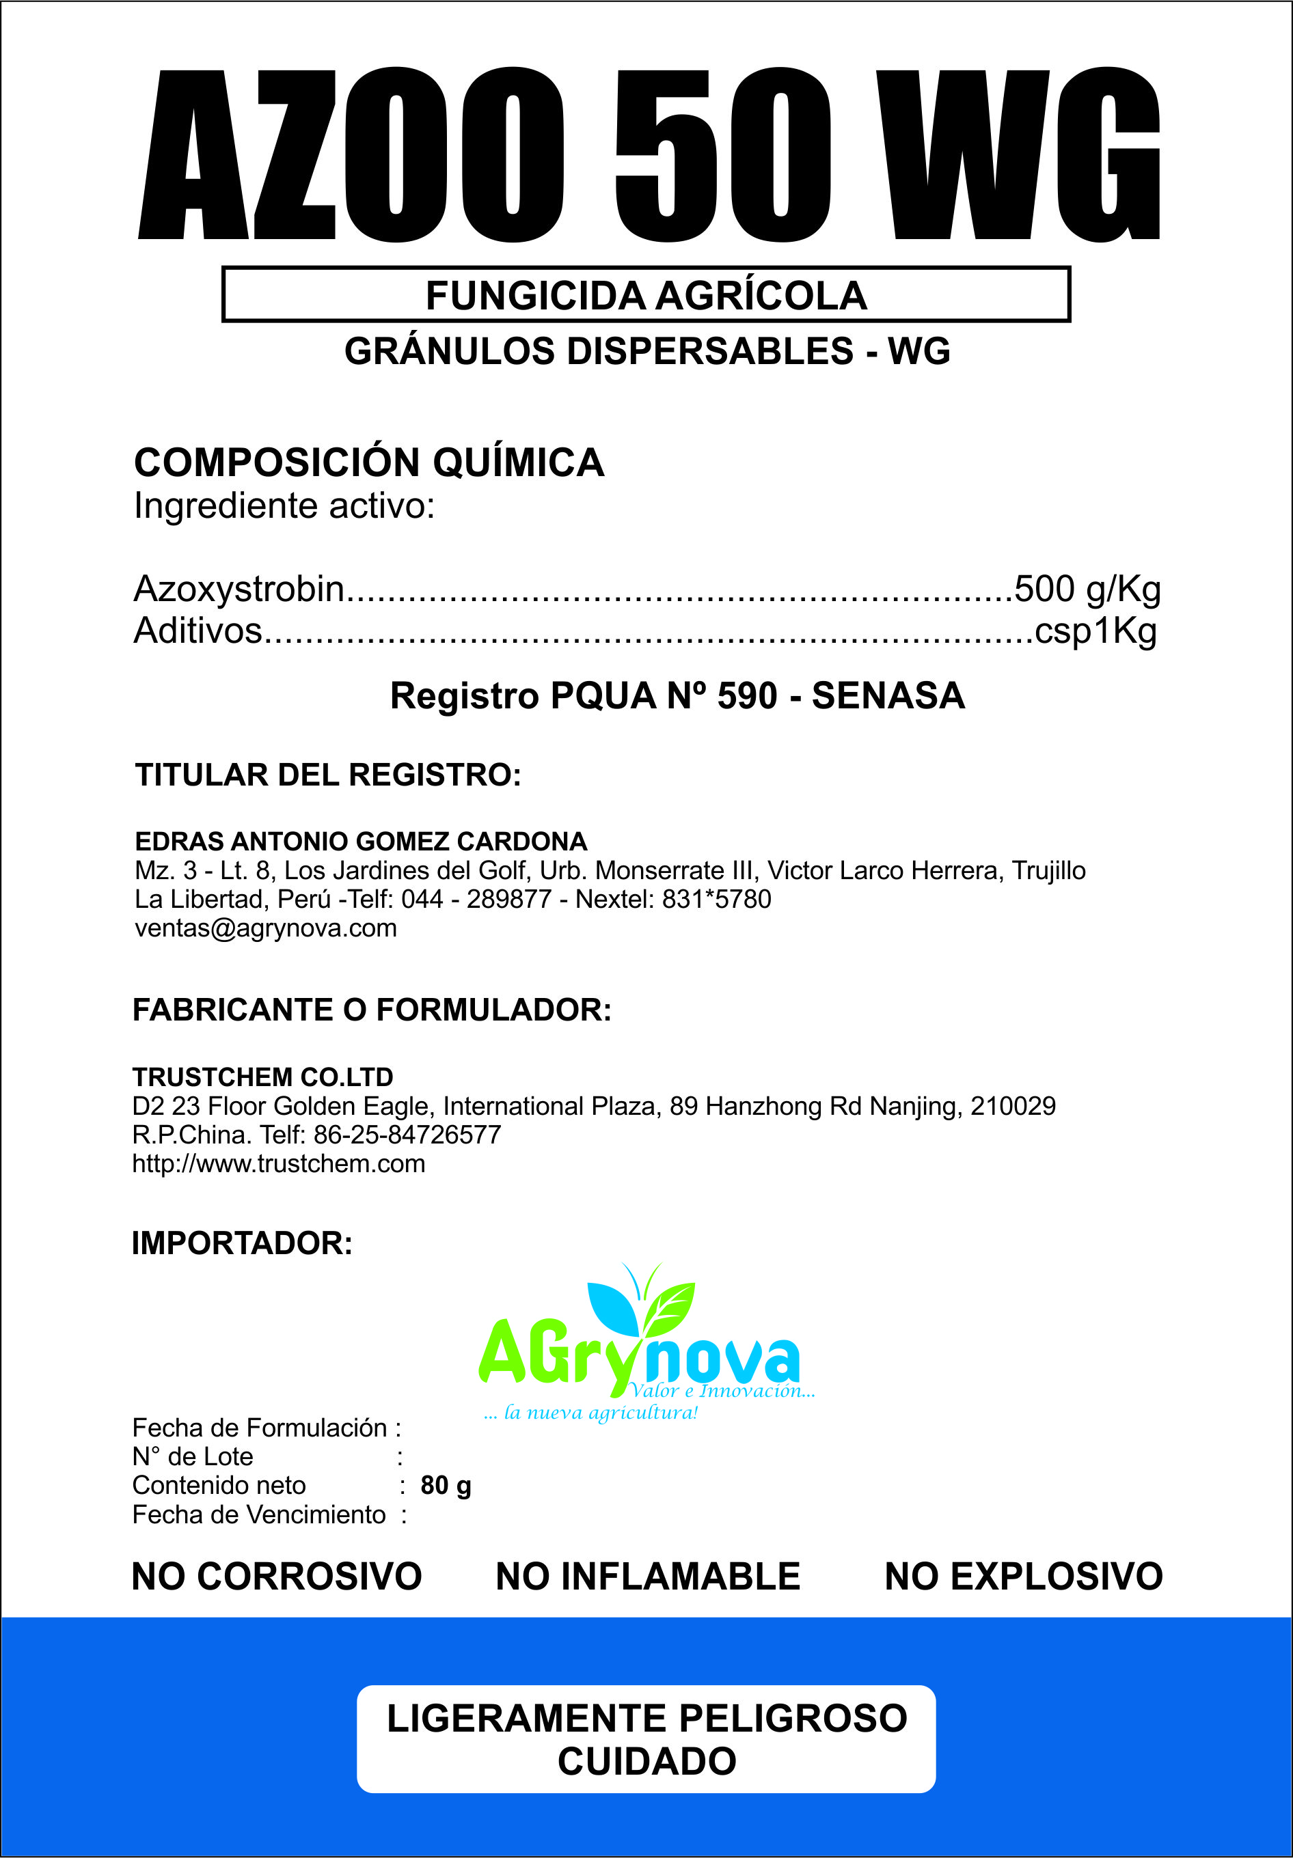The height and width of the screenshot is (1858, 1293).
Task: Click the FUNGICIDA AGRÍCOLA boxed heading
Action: (646, 294)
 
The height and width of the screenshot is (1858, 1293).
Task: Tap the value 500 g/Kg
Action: (1087, 589)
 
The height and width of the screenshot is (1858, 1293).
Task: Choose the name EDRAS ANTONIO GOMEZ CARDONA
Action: (361, 842)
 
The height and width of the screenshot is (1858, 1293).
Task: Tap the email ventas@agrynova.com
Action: (266, 928)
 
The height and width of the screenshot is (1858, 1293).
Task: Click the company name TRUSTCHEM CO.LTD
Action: (262, 1077)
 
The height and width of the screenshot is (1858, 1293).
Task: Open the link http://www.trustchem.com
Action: (279, 1164)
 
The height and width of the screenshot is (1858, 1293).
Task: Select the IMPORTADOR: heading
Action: (242, 1244)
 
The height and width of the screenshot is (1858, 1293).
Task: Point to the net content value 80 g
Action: (446, 1486)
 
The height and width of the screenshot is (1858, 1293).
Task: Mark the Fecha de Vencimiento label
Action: (259, 1515)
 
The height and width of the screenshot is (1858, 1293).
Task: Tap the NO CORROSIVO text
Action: (276, 1577)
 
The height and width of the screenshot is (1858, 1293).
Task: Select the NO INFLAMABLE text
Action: (648, 1577)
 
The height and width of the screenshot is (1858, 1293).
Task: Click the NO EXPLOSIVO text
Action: (1023, 1577)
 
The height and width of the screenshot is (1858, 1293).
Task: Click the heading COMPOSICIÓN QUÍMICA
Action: (369, 463)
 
